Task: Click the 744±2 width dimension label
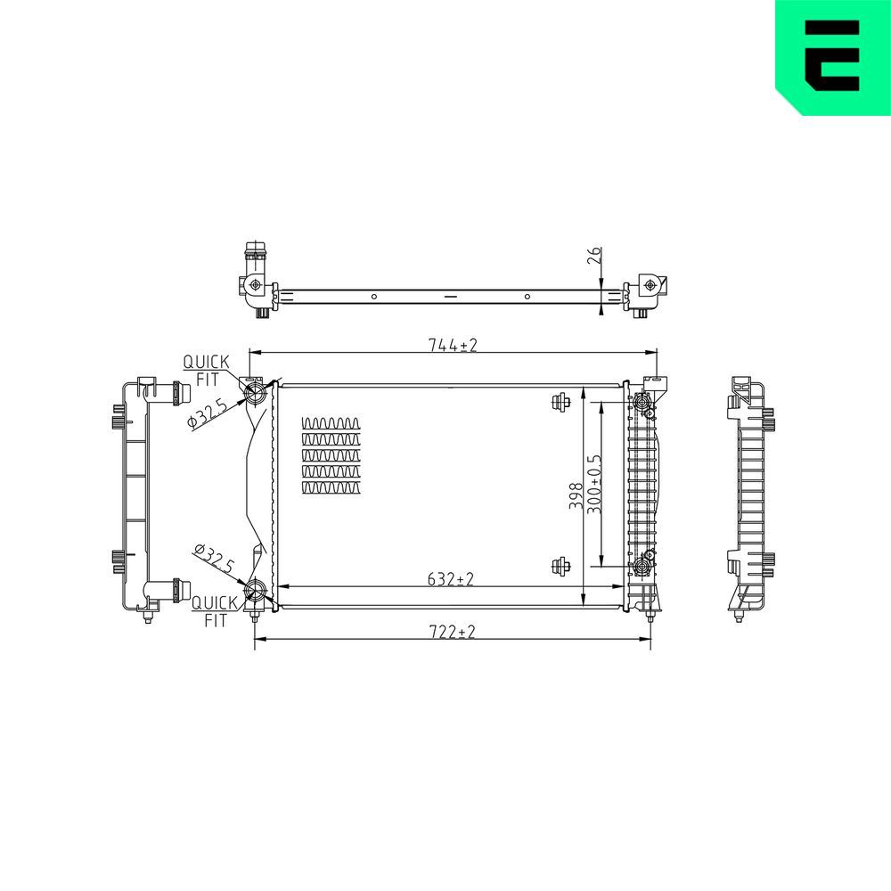click(453, 345)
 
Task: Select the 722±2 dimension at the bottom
click(453, 632)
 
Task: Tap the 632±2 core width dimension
click(450, 579)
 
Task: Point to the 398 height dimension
click(576, 495)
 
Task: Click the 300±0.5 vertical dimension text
click(594, 484)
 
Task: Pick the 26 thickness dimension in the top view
click(593, 255)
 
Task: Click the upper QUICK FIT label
click(207, 370)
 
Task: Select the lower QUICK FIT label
click(215, 611)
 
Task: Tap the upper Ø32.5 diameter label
click(208, 413)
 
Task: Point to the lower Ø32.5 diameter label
click(214, 558)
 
